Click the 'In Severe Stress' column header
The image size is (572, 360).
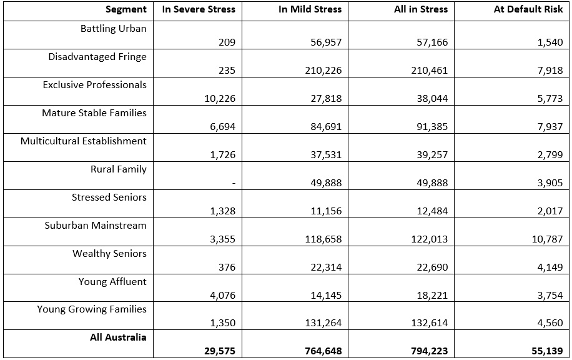199,9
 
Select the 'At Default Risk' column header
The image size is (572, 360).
528,9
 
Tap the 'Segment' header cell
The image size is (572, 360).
126,9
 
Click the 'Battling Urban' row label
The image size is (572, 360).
114,29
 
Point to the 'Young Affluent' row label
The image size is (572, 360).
112,281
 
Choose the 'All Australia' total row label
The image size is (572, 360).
118,337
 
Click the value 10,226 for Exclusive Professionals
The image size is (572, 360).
220,99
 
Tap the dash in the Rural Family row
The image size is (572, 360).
233,182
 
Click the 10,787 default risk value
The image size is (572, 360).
546,239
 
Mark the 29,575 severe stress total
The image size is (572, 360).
220,351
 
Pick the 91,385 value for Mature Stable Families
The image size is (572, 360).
432,127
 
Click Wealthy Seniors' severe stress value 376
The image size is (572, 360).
227,267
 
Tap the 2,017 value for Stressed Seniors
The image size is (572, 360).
550,211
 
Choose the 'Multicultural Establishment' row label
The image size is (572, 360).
84,141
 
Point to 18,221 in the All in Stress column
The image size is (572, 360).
432,296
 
